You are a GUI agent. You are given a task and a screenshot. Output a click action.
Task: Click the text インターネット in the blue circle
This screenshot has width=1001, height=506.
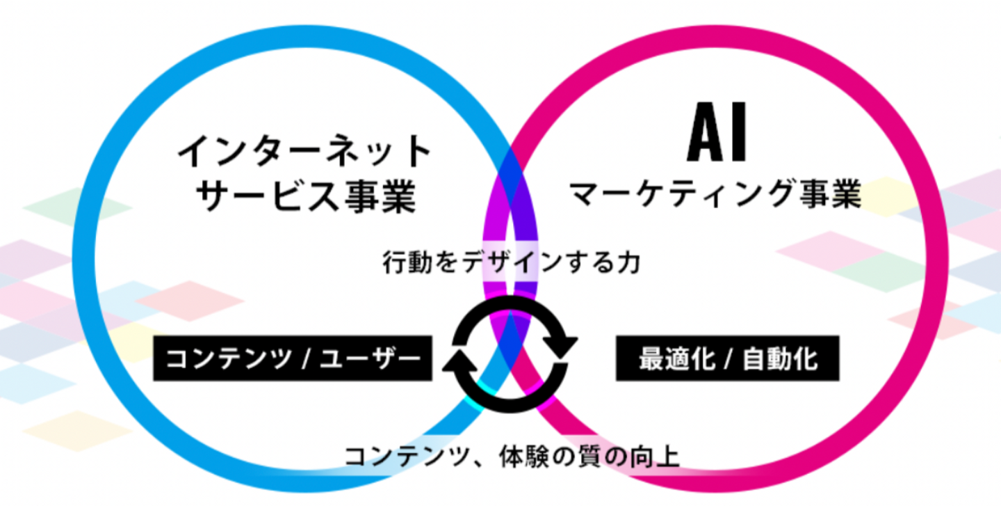tap(304, 152)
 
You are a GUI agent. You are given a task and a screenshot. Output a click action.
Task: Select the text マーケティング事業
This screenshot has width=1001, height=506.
tap(716, 194)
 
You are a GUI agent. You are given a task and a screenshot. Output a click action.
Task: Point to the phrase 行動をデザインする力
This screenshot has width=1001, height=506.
tap(512, 263)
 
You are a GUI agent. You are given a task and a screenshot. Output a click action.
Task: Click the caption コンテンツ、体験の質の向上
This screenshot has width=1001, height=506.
tap(512, 457)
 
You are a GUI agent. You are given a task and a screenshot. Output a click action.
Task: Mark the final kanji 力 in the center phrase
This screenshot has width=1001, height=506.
tap(630, 263)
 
